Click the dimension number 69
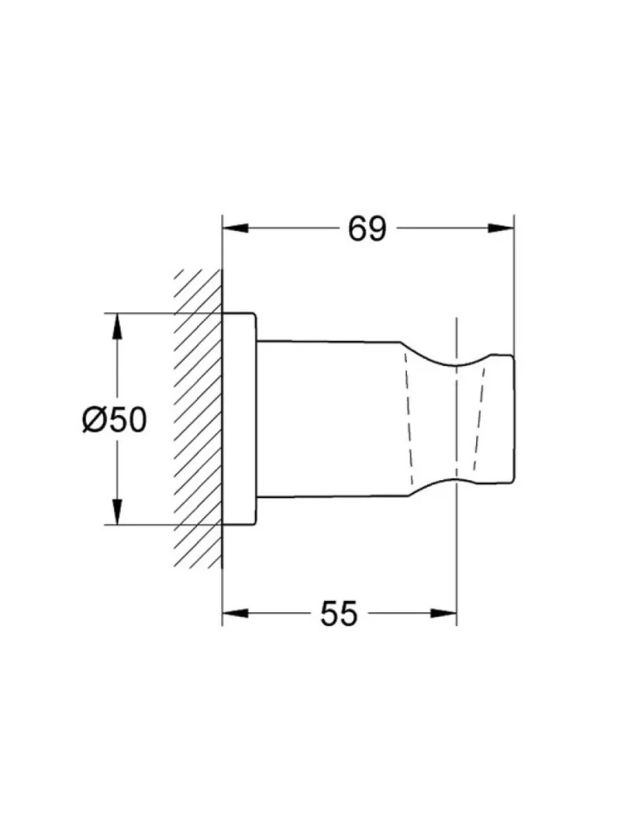pos(366,229)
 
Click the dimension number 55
pos(339,614)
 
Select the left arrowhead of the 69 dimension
pos(235,228)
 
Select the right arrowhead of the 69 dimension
pos(500,228)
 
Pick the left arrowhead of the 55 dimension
pos(235,613)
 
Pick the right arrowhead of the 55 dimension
pos(444,613)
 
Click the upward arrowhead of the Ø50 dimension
pos(117,325)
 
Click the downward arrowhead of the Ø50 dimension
pos(117,511)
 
